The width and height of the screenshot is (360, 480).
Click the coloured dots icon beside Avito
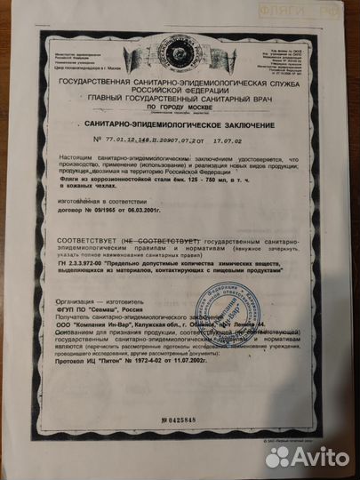pos(278,456)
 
